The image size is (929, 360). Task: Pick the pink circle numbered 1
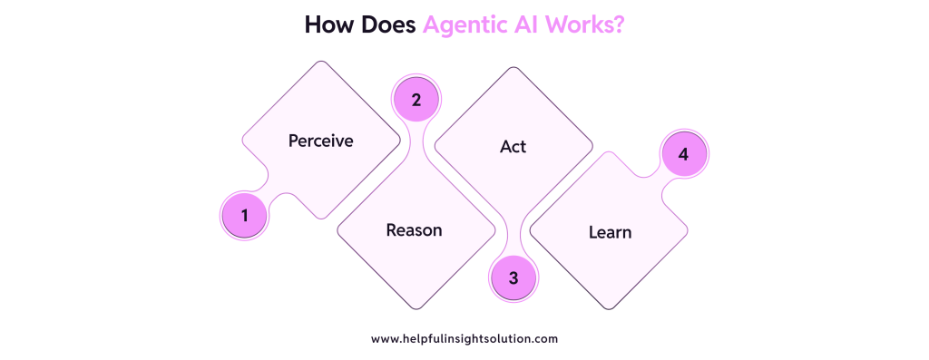pyautogui.click(x=244, y=216)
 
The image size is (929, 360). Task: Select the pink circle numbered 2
pyautogui.click(x=416, y=100)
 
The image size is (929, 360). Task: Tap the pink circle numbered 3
pyautogui.click(x=513, y=277)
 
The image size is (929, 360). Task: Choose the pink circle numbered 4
pyautogui.click(x=684, y=155)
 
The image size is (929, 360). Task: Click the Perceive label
pyautogui.click(x=320, y=141)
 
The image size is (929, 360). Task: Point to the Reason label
pyautogui.click(x=414, y=229)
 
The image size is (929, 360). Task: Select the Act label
pyautogui.click(x=513, y=146)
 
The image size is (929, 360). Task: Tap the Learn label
pyautogui.click(x=610, y=232)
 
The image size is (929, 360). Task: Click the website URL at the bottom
pyautogui.click(x=464, y=338)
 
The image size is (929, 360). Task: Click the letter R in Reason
pyautogui.click(x=391, y=229)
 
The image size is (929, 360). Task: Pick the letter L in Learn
pyautogui.click(x=592, y=232)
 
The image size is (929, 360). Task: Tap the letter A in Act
pyautogui.click(x=504, y=146)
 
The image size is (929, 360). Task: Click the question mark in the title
pyautogui.click(x=619, y=25)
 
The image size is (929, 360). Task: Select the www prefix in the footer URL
pyautogui.click(x=385, y=338)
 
